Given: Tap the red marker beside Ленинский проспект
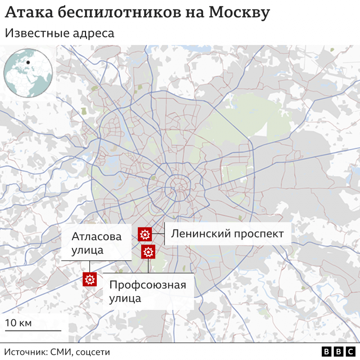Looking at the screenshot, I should (x=144, y=234).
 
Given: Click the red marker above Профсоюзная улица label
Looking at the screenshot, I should (x=148, y=252).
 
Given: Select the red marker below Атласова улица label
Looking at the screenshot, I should (x=90, y=279).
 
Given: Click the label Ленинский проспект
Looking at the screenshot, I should (x=227, y=234).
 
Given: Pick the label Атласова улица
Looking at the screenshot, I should (x=96, y=243).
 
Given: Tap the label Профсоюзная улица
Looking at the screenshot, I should (x=148, y=292).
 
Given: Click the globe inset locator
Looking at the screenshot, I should (x=28, y=73).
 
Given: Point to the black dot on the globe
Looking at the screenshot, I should (x=28, y=62).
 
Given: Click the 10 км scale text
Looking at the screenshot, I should (x=19, y=323).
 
